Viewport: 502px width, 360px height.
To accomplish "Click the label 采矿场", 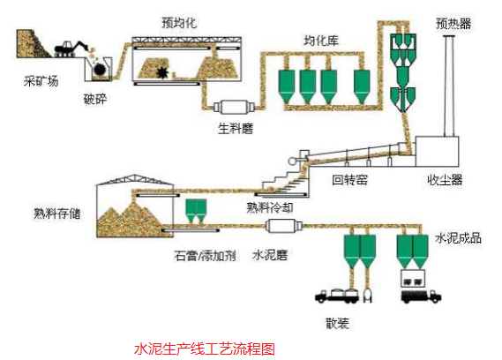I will point(41,82).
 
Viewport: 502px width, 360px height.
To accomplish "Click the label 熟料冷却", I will point(273,207).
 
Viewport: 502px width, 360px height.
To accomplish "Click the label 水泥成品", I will point(458,239).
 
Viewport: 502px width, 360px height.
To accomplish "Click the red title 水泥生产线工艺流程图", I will point(204,349).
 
